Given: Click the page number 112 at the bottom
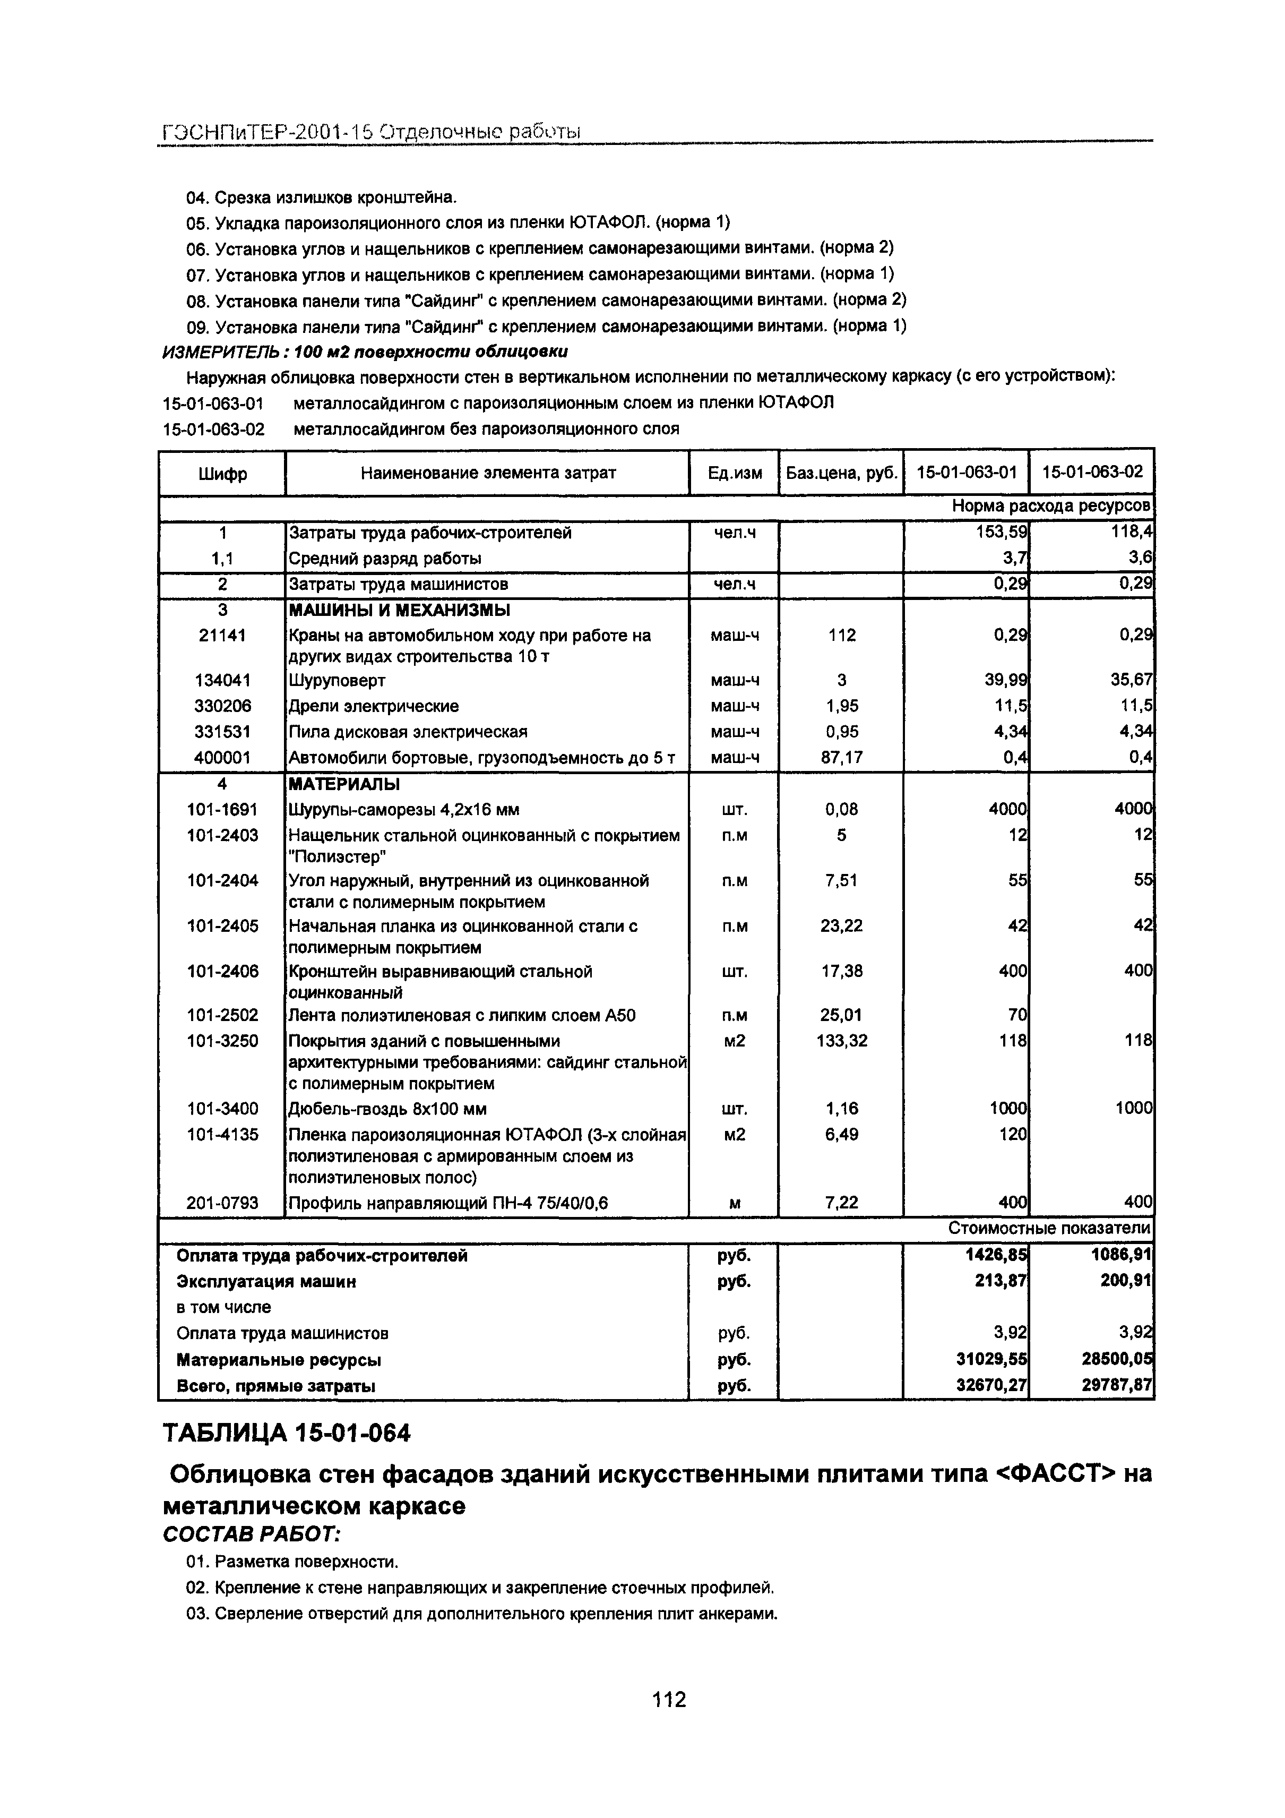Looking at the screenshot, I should pos(668,1699).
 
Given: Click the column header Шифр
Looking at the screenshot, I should pos(222,474).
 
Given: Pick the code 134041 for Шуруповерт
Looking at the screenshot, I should pos(222,680).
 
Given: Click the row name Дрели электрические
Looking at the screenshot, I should pos(374,706).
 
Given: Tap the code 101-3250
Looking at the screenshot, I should pos(222,1041).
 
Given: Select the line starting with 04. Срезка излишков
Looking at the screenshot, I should pos(322,196).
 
